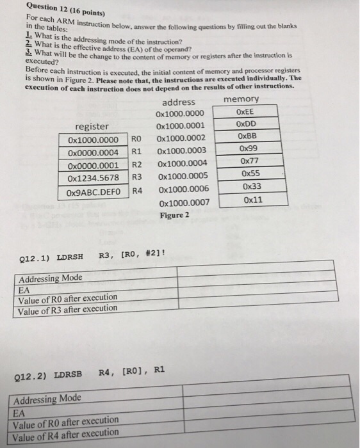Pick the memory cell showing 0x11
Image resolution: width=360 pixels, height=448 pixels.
[x=252, y=199]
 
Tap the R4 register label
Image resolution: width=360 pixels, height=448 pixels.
[x=137, y=191]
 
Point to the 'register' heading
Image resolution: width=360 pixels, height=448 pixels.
[x=92, y=126]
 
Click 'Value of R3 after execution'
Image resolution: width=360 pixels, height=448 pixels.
[x=68, y=308]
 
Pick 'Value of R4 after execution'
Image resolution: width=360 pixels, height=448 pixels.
[x=66, y=433]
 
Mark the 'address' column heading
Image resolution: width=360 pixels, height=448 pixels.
[x=179, y=102]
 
